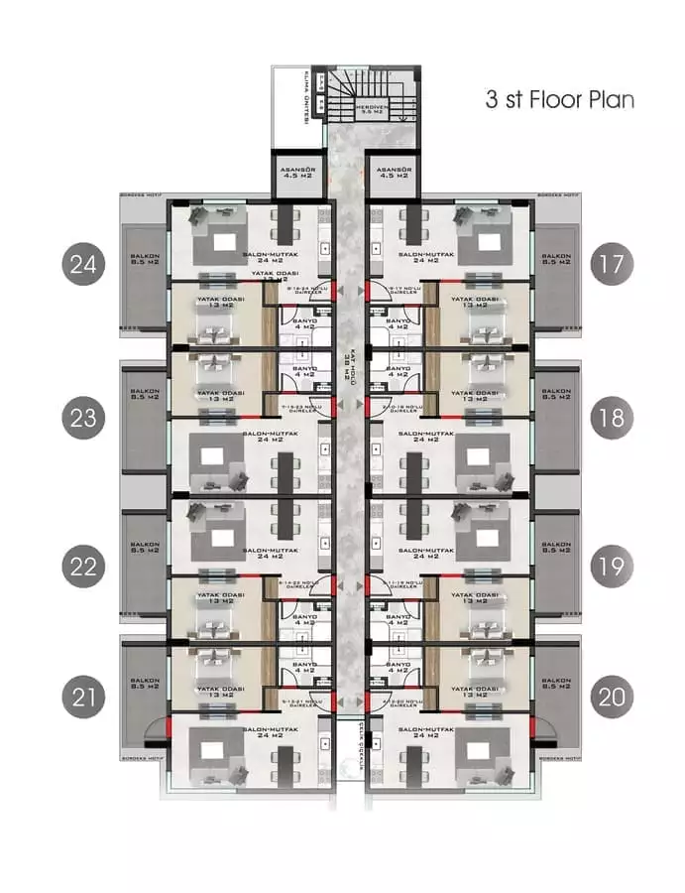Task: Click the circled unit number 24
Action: point(83,265)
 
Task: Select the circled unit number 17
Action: point(612,265)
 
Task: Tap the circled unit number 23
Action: point(83,418)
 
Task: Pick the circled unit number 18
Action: point(612,418)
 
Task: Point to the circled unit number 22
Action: point(83,567)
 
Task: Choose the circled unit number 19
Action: point(612,567)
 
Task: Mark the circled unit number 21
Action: point(83,698)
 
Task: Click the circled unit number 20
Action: point(612,698)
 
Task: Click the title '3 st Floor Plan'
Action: point(559,100)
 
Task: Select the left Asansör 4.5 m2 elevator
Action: point(294,175)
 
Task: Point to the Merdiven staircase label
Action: point(374,109)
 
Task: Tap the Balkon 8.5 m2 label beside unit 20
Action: point(556,684)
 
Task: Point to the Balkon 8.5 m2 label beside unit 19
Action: point(556,547)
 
